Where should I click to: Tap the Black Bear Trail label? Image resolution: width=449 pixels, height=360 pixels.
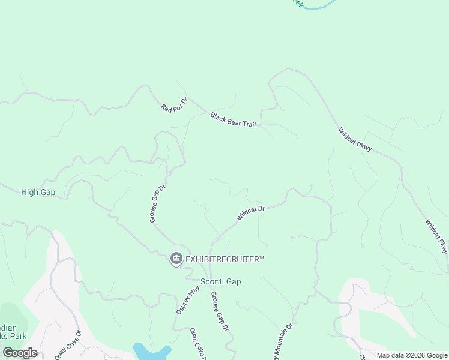(233, 120)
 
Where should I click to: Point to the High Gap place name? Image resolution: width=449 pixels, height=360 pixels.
(38, 192)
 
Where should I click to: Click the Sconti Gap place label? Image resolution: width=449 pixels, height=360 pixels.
(220, 282)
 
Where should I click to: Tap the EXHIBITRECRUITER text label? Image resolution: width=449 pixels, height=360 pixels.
(225, 259)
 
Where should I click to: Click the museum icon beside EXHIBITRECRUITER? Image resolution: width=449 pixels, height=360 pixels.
(176, 259)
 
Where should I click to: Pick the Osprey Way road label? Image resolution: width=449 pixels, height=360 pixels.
(188, 300)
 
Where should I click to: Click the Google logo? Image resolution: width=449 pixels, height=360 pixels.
(20, 353)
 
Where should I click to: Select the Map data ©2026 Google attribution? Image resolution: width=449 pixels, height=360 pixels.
(412, 355)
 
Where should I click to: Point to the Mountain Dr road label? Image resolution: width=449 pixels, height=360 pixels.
(283, 342)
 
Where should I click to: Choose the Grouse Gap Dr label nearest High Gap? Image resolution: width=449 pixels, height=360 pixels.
(157, 204)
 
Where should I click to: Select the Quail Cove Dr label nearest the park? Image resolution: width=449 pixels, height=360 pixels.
(68, 345)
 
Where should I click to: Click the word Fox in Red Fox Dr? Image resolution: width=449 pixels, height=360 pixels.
(175, 104)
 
